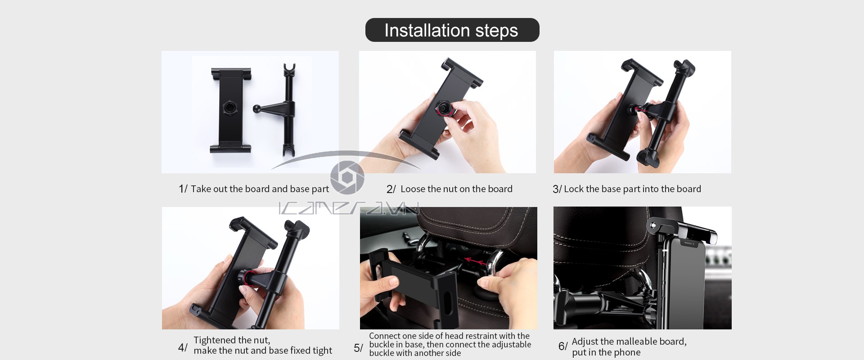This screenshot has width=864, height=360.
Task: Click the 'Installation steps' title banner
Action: click(x=452, y=30)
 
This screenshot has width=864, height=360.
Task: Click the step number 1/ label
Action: click(x=183, y=189)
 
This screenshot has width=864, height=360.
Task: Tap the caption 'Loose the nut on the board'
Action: click(x=456, y=189)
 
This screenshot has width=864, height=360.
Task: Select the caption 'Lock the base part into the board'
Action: click(x=632, y=189)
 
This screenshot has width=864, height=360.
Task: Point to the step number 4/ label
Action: click(x=183, y=347)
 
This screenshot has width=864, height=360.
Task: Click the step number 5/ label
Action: click(x=358, y=348)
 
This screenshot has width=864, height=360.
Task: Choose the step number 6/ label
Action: click(x=563, y=346)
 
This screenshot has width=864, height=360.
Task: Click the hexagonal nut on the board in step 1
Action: click(x=229, y=108)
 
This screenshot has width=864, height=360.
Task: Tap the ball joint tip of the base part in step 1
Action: click(x=256, y=108)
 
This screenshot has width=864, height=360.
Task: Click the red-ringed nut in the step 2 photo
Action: click(x=444, y=109)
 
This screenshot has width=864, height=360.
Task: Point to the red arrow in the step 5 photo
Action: click(x=475, y=261)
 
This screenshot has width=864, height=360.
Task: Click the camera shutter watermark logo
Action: click(x=347, y=177)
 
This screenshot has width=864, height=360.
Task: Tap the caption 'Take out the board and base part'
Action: click(x=260, y=189)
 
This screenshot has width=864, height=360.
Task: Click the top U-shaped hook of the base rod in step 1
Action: click(x=289, y=69)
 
